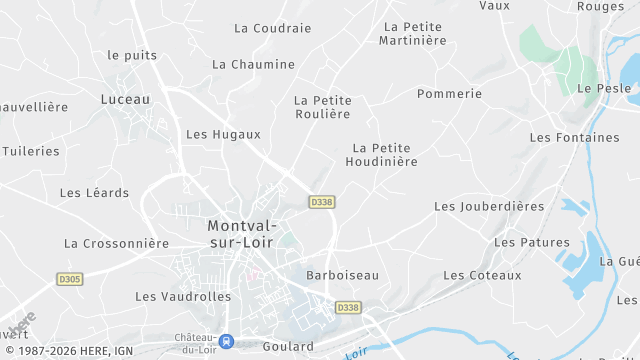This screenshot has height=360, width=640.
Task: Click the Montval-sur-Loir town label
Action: (x=243, y=233)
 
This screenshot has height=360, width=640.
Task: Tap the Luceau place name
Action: (x=125, y=99)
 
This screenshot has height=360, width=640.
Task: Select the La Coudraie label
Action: (x=272, y=28)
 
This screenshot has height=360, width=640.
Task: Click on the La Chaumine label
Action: (x=253, y=64)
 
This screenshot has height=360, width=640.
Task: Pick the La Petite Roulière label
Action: (x=322, y=107)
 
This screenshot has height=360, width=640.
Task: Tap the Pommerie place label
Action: (x=449, y=94)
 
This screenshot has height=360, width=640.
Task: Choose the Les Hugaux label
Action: (x=223, y=134)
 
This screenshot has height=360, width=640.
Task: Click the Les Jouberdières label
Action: (x=489, y=206)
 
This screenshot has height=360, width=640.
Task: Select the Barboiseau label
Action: (x=342, y=275)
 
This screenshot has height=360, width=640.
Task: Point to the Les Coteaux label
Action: (x=482, y=275)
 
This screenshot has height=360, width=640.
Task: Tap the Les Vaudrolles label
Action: (x=183, y=297)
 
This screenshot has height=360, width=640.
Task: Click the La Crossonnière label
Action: (x=116, y=243)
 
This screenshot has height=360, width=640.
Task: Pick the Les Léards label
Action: (x=94, y=193)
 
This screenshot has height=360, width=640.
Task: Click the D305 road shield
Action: (x=69, y=279)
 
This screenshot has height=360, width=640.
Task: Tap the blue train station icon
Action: (x=227, y=341)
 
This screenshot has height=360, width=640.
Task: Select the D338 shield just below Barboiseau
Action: (x=347, y=307)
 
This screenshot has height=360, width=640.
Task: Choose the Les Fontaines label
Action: (x=574, y=137)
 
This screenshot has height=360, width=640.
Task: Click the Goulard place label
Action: (x=288, y=346)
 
